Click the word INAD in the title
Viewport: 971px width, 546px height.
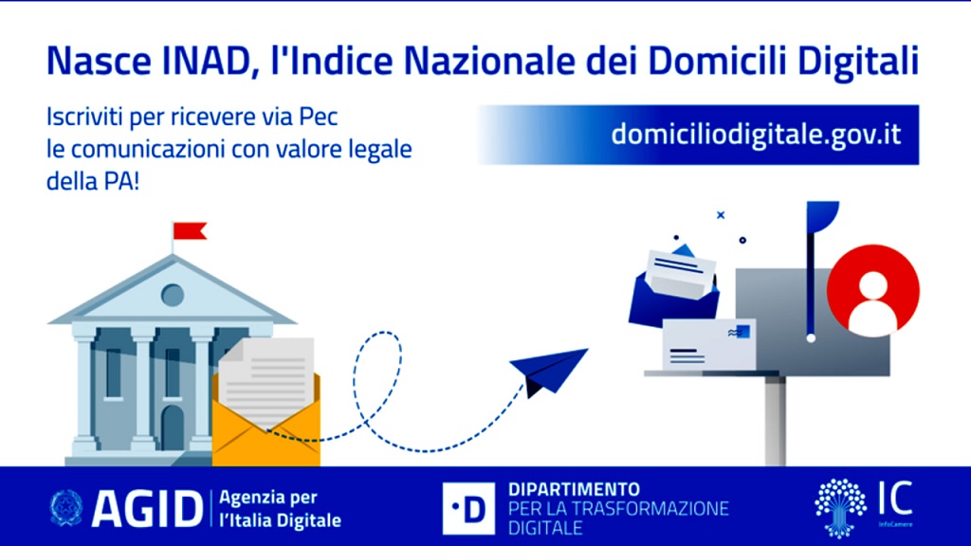[210, 62]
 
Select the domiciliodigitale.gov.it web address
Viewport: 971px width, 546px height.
[756, 135]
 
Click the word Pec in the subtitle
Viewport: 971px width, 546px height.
[319, 117]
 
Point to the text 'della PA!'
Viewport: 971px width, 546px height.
[93, 181]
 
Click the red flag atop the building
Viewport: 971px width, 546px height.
[190, 231]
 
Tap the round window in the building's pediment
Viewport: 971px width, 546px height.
[173, 295]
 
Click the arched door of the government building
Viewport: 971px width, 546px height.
[173, 428]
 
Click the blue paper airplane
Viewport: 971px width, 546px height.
[548, 371]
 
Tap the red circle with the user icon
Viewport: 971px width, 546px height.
[873, 290]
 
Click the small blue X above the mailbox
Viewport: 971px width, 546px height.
[721, 215]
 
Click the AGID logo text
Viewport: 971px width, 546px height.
[147, 509]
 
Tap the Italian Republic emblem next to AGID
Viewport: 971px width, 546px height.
[66, 508]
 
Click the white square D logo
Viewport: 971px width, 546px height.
[468, 508]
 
